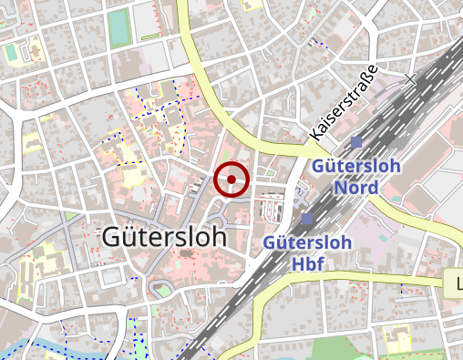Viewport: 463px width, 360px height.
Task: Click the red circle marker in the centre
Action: point(231,180)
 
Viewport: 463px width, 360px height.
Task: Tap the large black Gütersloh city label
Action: point(164,237)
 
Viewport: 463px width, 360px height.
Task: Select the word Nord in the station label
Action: point(356,187)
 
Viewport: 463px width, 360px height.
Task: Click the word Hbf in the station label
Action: point(307,262)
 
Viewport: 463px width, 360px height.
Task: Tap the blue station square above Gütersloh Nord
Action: point(356,141)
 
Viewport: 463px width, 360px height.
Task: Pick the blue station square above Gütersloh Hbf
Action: point(307,219)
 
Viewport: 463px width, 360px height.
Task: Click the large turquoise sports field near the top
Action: point(118,27)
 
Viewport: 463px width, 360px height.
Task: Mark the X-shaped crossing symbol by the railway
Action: point(410,80)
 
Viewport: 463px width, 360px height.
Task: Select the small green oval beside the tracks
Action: point(161,291)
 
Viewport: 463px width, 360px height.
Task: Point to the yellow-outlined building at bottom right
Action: point(397,341)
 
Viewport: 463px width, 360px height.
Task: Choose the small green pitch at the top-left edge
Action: point(10,54)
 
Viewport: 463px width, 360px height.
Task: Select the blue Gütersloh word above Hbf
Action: point(307,242)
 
